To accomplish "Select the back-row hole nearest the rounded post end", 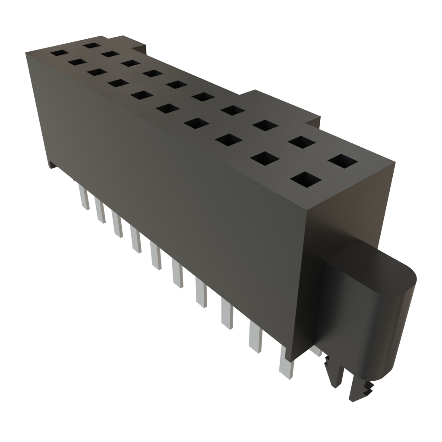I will click(343, 161).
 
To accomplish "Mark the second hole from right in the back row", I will click(301, 142).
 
